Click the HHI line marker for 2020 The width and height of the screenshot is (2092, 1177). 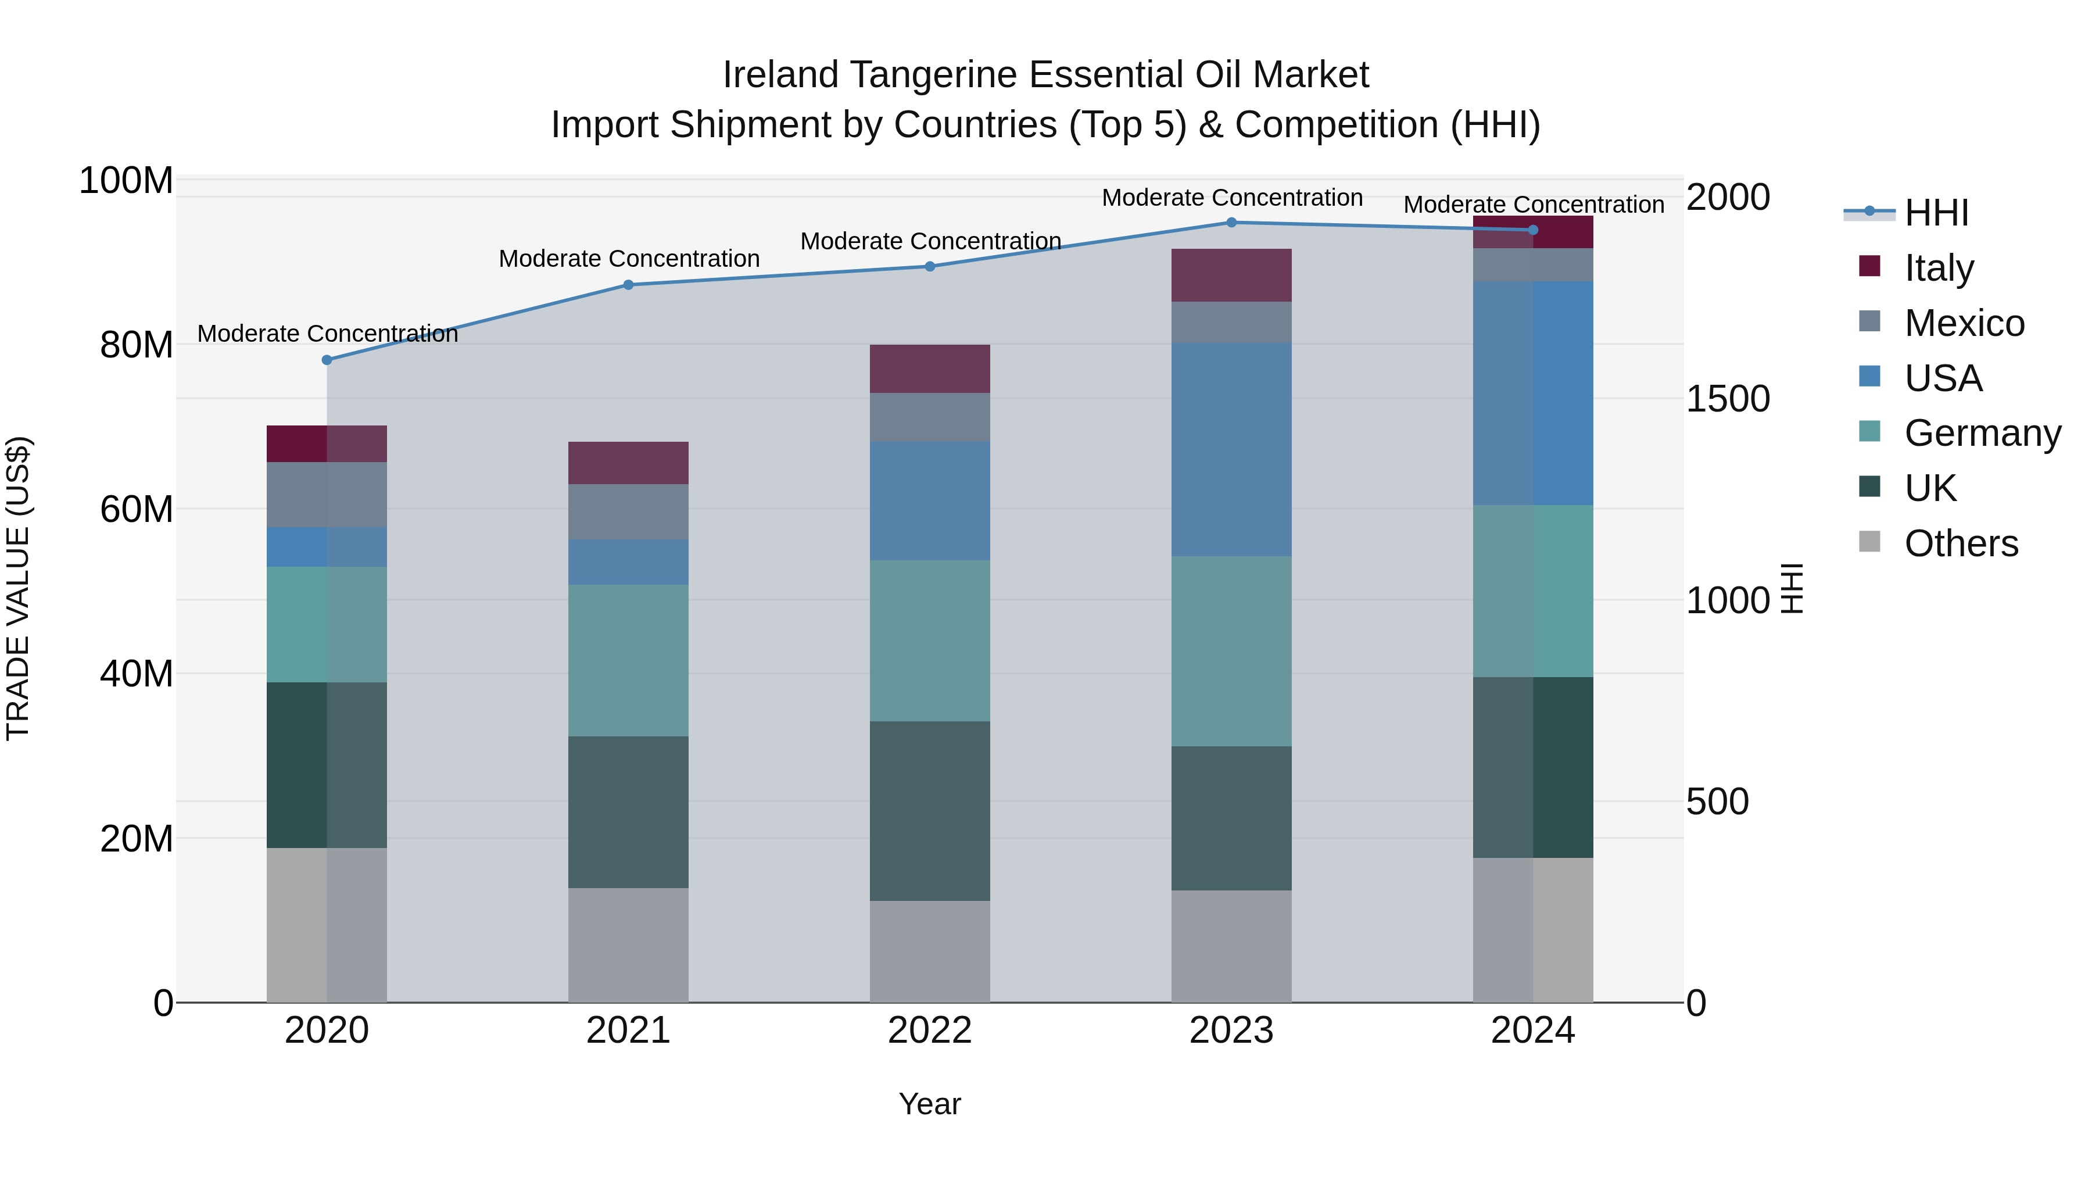[327, 360]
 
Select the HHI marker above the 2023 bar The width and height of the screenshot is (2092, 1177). [1231, 223]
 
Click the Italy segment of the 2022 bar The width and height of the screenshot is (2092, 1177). [930, 369]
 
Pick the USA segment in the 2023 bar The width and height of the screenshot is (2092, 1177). [1231, 449]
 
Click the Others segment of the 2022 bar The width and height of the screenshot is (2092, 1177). [930, 951]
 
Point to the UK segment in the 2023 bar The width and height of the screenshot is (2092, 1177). [1231, 818]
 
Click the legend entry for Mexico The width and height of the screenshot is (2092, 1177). [1964, 323]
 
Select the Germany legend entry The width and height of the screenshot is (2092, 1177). [1982, 433]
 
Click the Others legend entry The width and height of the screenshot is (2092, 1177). [1961, 543]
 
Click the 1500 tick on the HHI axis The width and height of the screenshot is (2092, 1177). [1728, 399]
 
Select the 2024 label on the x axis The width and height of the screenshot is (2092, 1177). [1532, 1031]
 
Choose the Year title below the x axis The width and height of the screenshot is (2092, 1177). [930, 1104]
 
